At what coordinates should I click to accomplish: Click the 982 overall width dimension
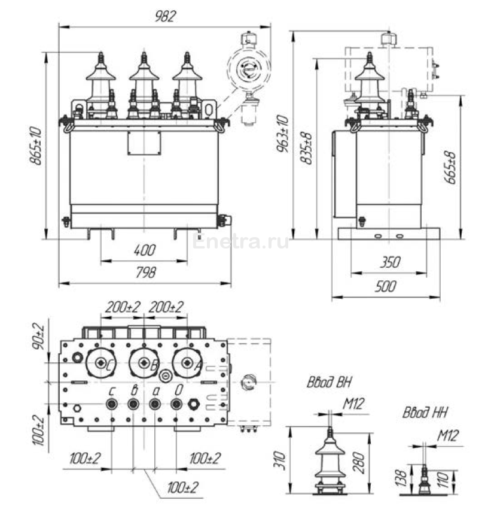(x=166, y=17)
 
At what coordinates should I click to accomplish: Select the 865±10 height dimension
(x=36, y=146)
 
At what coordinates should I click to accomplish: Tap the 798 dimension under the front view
(x=144, y=272)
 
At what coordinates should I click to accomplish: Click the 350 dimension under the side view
(x=389, y=262)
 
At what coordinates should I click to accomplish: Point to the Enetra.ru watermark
(x=242, y=241)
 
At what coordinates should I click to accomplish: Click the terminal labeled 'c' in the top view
(x=111, y=404)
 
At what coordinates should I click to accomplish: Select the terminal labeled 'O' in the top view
(x=176, y=404)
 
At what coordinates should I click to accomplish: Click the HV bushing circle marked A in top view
(x=187, y=363)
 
